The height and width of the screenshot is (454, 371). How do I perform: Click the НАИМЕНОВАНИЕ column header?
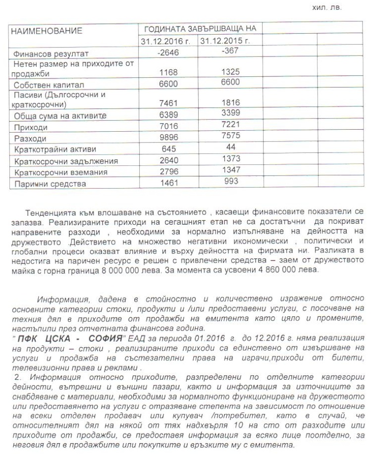point(47,31)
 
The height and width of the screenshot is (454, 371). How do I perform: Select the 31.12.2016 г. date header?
point(167,41)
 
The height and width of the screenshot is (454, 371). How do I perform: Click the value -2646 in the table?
point(168,52)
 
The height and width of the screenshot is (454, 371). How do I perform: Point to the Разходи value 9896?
point(168,138)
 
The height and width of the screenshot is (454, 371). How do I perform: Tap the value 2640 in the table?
point(168,160)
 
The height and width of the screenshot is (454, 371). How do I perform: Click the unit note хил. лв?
point(327,8)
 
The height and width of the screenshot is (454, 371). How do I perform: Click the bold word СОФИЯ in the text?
point(101,338)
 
